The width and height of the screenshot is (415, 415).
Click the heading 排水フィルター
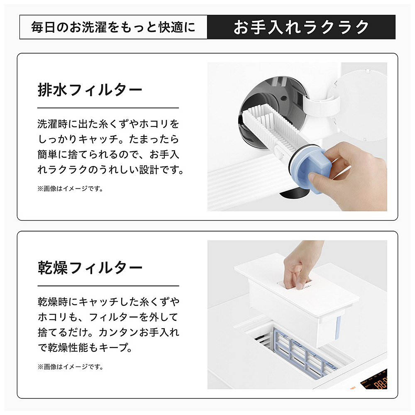(x=90, y=90)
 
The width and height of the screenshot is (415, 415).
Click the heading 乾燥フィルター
(x=90, y=268)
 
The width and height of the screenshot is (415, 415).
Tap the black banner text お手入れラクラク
(x=301, y=27)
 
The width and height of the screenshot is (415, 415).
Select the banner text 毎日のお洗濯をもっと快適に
(x=113, y=27)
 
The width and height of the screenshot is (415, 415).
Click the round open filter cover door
(x=360, y=104)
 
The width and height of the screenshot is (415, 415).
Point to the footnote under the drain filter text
(x=71, y=189)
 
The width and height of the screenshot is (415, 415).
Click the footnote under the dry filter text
(x=71, y=367)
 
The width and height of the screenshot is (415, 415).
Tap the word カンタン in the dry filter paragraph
(x=119, y=332)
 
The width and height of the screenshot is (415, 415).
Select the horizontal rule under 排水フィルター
(x=108, y=108)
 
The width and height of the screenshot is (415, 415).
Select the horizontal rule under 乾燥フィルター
(x=108, y=286)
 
